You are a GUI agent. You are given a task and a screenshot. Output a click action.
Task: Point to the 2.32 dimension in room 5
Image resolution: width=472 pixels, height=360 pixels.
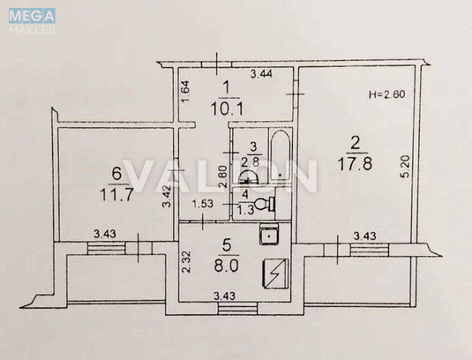186,261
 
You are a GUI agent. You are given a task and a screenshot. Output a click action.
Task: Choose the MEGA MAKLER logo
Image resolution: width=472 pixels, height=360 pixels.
32,20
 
